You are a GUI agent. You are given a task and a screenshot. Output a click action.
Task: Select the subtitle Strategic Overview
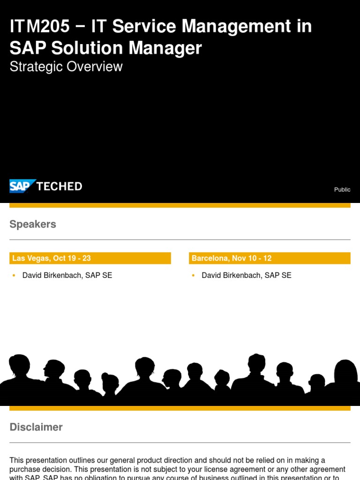pyautogui.click(x=66, y=67)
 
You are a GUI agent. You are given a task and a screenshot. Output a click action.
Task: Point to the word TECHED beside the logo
pyautogui.click(x=59, y=186)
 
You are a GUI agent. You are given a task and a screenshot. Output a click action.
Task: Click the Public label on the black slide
pyautogui.click(x=342, y=189)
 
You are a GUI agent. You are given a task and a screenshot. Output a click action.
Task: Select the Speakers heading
pyautogui.click(x=33, y=224)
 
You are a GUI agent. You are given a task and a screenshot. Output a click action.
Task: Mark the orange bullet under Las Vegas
pyautogui.click(x=14, y=276)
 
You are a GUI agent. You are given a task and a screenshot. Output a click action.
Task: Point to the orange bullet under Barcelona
pyautogui.click(x=193, y=276)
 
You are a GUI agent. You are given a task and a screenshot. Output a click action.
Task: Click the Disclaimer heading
pyautogui.click(x=36, y=427)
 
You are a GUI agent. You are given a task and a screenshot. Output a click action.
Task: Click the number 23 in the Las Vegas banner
pyautogui.click(x=86, y=258)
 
